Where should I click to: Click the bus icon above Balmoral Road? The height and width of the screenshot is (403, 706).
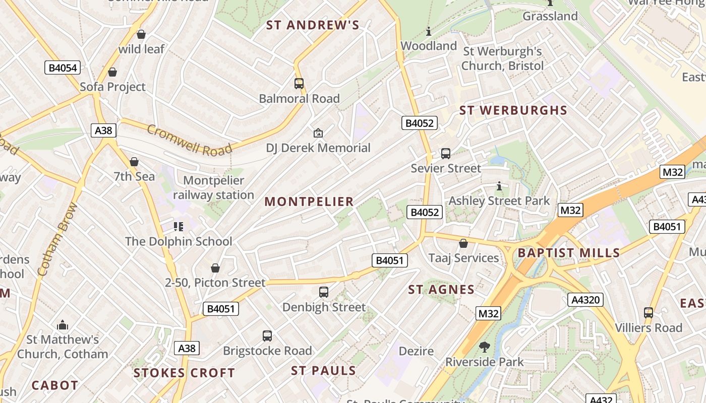[x=299, y=84]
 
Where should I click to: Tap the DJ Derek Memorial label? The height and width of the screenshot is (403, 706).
[x=318, y=148]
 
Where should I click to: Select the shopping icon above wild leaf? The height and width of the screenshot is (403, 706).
[x=141, y=34]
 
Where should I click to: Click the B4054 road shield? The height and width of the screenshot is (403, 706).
[x=63, y=68]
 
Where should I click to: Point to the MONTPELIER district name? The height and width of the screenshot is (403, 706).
[x=309, y=201]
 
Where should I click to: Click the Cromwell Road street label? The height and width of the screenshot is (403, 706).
[x=190, y=140]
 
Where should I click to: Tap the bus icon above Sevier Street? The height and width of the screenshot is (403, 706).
[x=445, y=154]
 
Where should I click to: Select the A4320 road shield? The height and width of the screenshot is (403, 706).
[x=585, y=300]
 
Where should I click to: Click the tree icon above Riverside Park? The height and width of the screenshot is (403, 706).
[x=484, y=347]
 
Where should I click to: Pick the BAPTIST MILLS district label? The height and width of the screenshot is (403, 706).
[x=568, y=253]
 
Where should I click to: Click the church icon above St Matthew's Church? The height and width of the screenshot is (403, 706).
[x=63, y=325]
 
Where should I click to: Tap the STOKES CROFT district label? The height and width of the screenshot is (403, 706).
[x=184, y=373]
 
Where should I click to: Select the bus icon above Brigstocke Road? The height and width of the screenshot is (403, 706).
[x=267, y=336]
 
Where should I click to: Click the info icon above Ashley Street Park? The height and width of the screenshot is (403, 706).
[x=499, y=186]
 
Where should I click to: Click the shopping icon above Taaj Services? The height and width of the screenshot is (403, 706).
[x=463, y=244]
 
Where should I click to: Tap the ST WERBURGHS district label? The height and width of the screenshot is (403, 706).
[x=513, y=110]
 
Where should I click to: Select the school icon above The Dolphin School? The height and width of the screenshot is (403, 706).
[x=179, y=227]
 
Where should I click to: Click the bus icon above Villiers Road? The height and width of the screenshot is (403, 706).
[x=649, y=313]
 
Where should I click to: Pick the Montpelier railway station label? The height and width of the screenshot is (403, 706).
[x=213, y=187]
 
